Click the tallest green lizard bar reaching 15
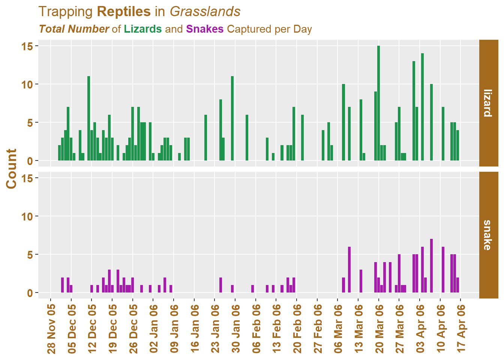pyautogui.click(x=379, y=103)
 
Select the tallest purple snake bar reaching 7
pyautogui.click(x=431, y=265)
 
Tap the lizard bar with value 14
pyautogui.click(x=422, y=107)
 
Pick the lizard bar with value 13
pyautogui.click(x=414, y=111)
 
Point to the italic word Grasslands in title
pyautogui.click(x=205, y=12)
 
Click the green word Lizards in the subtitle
pyautogui.click(x=143, y=29)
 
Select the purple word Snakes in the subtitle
pyautogui.click(x=205, y=29)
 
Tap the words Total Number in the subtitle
pyautogui.click(x=74, y=29)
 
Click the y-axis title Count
pyautogui.click(x=12, y=168)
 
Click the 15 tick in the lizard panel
pyautogui.click(x=27, y=46)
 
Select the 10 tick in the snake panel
pyautogui.click(x=27, y=216)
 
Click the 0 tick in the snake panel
pyautogui.click(x=30, y=293)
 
